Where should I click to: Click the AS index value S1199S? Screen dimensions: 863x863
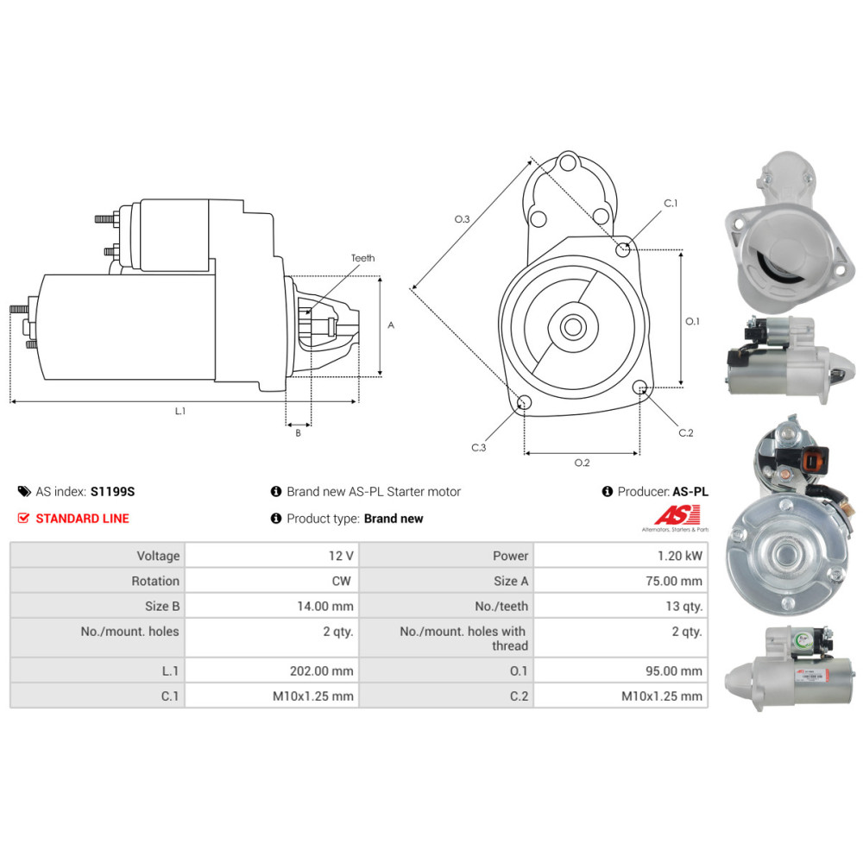pos(112,492)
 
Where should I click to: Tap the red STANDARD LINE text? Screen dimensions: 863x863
pos(83,519)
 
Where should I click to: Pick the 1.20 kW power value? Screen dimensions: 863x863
pos(680,556)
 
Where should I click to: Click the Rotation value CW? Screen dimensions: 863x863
pos(341,581)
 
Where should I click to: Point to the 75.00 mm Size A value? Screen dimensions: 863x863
pos(674,581)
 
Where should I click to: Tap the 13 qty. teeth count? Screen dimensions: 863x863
pos(683,607)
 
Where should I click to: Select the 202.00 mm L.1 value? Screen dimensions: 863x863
pos(321,671)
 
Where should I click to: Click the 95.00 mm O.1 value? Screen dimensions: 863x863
pos(674,671)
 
